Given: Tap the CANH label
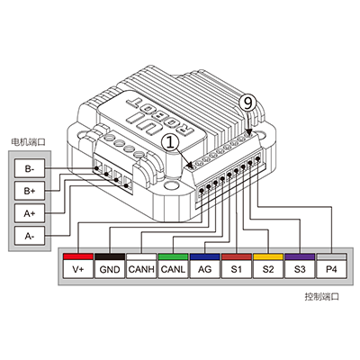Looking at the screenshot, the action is [x=141, y=269].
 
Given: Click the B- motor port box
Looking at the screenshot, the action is [x=30, y=168].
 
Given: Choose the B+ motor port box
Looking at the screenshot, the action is [x=30, y=191].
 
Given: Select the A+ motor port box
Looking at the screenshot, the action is [x=30, y=213].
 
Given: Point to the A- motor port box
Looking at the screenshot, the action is [x=30, y=236].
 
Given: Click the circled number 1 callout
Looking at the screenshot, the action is [x=170, y=143].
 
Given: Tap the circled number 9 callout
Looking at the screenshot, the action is [x=247, y=103].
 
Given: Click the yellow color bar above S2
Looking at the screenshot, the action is [x=268, y=256].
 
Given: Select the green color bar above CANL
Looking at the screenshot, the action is [x=173, y=256].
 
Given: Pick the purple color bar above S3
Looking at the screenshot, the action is [x=300, y=256].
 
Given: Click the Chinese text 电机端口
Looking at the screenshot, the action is [x=28, y=142].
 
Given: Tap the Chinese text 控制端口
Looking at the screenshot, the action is [x=322, y=297].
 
